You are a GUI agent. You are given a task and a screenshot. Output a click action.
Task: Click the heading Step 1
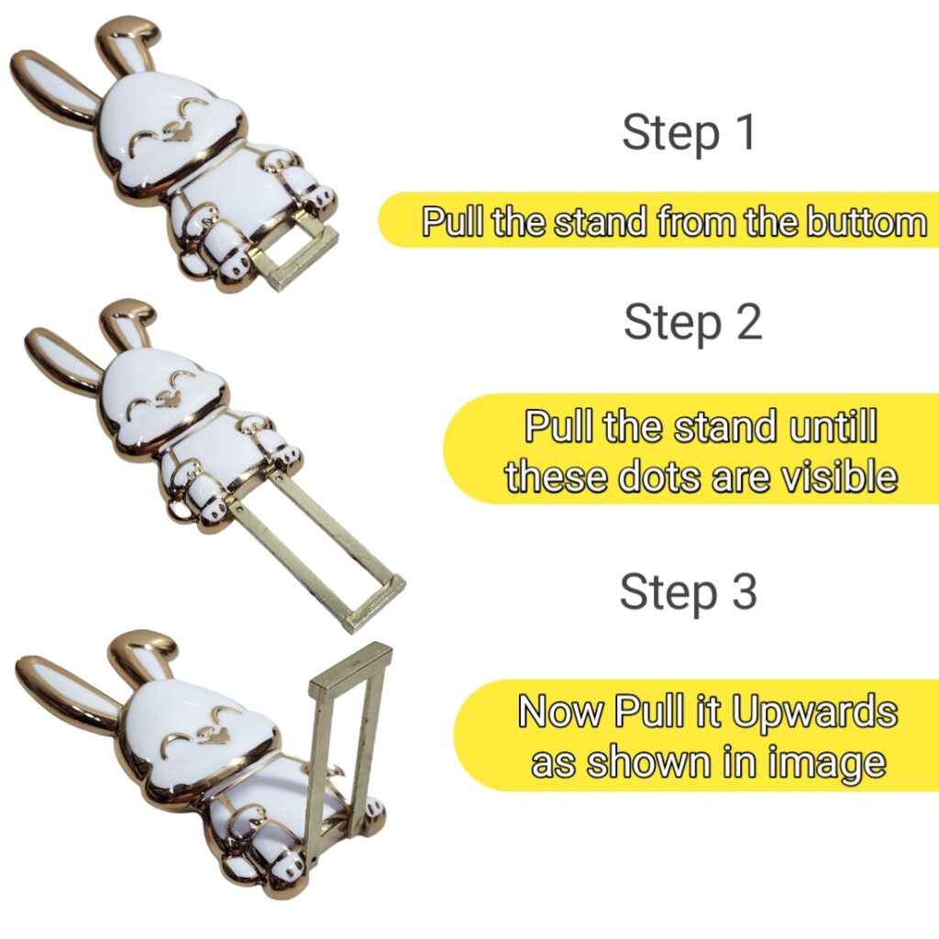(689, 132)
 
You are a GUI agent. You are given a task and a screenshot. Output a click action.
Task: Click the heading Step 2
(692, 322)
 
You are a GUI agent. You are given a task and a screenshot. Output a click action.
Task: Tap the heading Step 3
(688, 591)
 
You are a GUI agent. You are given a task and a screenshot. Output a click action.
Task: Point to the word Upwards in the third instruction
(816, 712)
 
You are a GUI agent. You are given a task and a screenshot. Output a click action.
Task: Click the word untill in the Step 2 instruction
(827, 427)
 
